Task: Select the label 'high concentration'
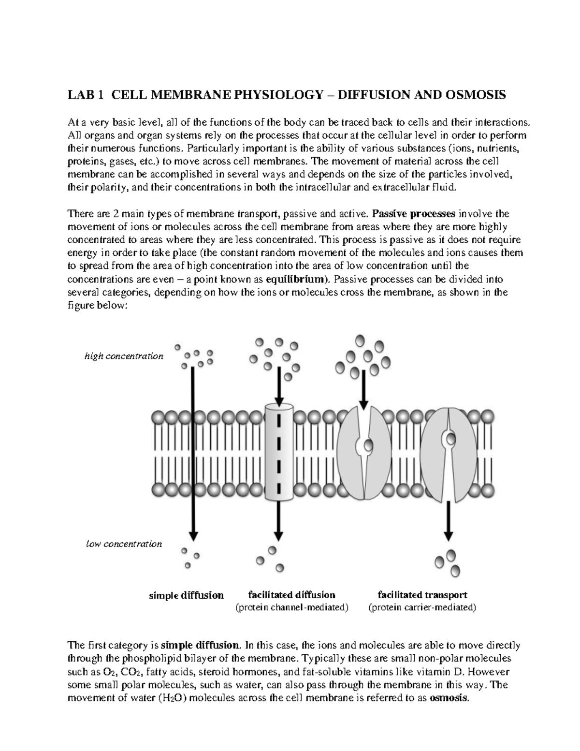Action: (124, 356)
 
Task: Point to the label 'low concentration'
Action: (124, 544)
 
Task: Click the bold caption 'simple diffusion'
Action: (186, 595)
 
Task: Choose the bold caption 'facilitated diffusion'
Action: (291, 595)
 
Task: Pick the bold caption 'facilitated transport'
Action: (422, 595)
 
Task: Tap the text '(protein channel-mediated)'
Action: (291, 608)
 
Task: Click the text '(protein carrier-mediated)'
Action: (422, 608)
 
